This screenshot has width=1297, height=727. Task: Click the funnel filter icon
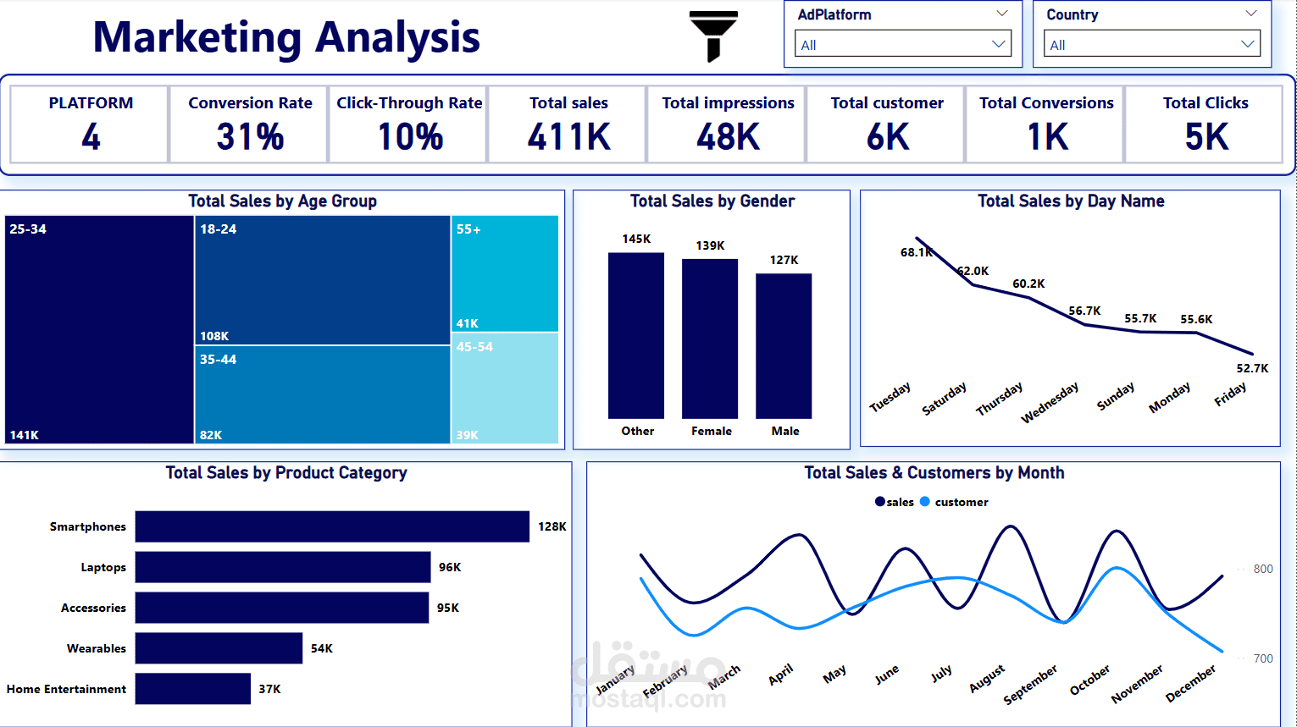tap(713, 36)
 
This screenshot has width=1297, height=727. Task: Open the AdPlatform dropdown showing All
tap(902, 44)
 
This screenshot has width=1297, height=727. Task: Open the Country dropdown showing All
tap(1151, 44)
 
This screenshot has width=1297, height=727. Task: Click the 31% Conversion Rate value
tap(250, 137)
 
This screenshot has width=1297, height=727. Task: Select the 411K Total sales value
tap(568, 137)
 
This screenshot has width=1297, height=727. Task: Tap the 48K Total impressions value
tap(728, 137)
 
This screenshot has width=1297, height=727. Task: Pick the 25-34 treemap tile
tap(99, 329)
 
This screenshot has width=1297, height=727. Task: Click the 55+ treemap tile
tap(504, 273)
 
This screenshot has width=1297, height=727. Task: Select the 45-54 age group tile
tap(504, 388)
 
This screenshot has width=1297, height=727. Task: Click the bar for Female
tap(710, 339)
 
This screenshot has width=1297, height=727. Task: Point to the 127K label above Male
tap(784, 260)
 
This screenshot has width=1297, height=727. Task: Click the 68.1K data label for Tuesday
tap(916, 252)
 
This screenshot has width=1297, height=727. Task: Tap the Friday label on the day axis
tap(1230, 394)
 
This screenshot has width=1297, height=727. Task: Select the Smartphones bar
tap(332, 526)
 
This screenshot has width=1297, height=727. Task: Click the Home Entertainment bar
tap(193, 689)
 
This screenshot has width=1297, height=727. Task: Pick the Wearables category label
tap(97, 648)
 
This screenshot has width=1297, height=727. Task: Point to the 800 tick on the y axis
tap(1262, 569)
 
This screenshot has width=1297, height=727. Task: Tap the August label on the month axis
tap(987, 679)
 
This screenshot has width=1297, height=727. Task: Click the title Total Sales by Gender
tap(712, 201)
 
